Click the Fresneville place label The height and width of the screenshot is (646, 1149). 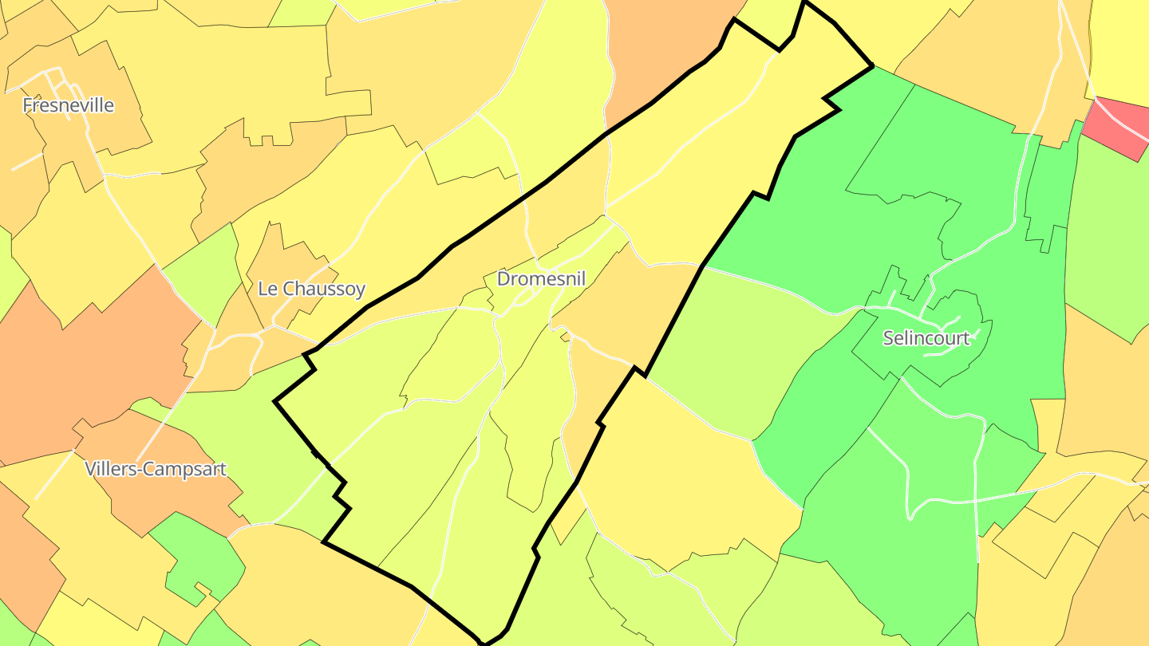68,105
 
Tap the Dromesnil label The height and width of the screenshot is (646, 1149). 541,279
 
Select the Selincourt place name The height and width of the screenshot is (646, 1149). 926,338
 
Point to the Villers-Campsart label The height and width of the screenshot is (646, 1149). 156,469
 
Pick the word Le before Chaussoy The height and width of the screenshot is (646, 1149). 269,289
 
